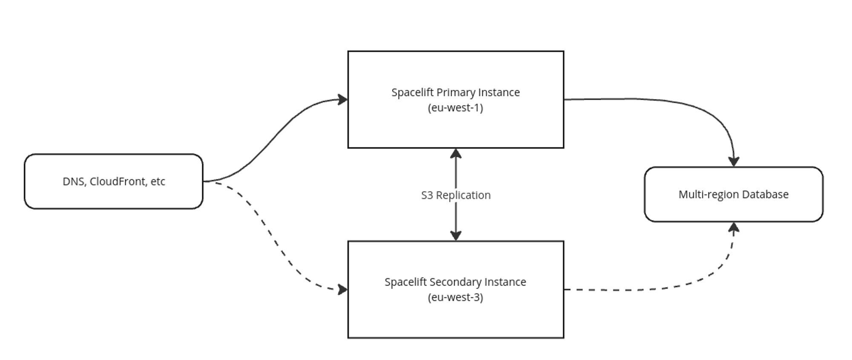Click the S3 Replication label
(455, 195)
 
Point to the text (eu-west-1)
(455, 108)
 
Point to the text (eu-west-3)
(455, 297)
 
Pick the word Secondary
(457, 282)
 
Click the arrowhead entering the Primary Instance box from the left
(343, 100)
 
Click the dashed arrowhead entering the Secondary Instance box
(343, 290)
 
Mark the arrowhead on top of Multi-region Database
(734, 161)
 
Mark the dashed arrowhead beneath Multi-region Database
(734, 228)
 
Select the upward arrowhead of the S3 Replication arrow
(456, 153)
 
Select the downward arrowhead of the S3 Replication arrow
(456, 236)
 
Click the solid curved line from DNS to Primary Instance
(273, 136)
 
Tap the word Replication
(463, 195)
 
